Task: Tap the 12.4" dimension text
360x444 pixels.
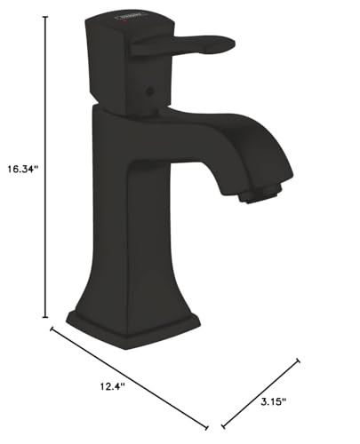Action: click(x=113, y=385)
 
